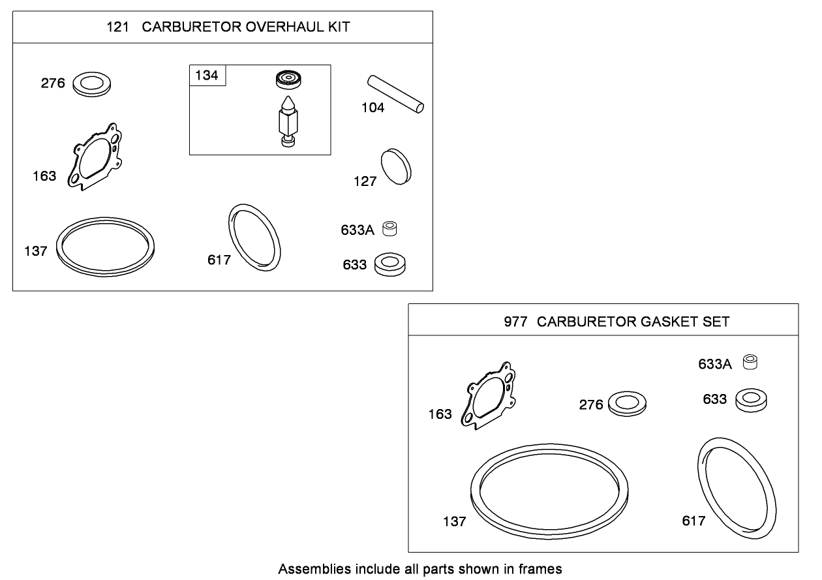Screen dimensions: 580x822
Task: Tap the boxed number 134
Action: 207,76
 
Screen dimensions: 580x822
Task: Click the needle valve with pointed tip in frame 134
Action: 287,121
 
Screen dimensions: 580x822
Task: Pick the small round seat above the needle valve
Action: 285,80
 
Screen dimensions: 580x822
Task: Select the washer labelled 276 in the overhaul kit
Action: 91,84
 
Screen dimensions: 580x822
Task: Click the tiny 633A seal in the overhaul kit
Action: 389,229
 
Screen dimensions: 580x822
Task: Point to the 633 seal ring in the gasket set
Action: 751,400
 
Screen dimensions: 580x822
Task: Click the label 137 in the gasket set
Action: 454,521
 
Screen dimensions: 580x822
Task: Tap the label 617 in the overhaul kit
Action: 219,260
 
